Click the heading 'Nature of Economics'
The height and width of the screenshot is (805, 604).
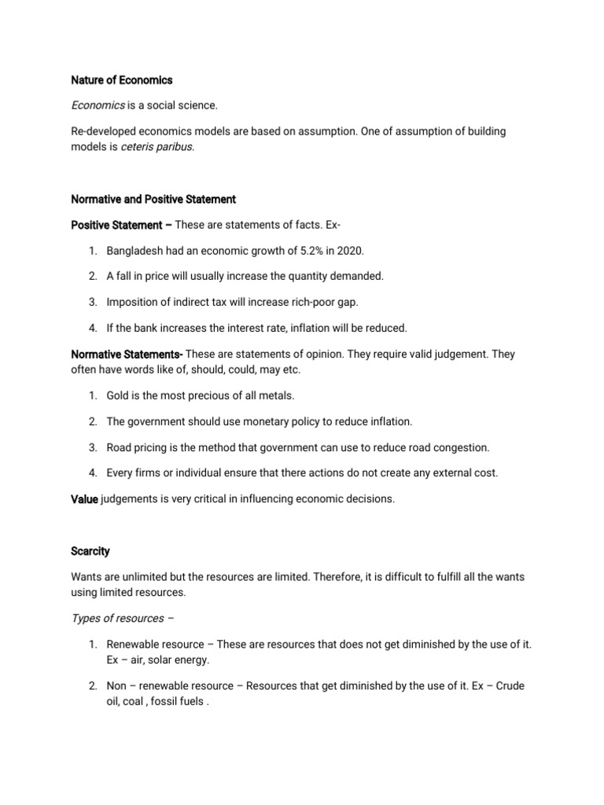tap(122, 79)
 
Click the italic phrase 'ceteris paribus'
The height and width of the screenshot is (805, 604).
tap(156, 146)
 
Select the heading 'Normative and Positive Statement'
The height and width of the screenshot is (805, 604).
tap(153, 199)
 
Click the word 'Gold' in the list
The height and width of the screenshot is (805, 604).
tap(118, 395)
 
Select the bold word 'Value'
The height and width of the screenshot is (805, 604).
tap(84, 499)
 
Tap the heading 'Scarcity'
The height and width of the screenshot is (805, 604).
tap(91, 551)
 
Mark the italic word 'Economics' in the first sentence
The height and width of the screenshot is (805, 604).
tap(98, 105)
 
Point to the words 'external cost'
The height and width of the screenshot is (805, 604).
tap(462, 472)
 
